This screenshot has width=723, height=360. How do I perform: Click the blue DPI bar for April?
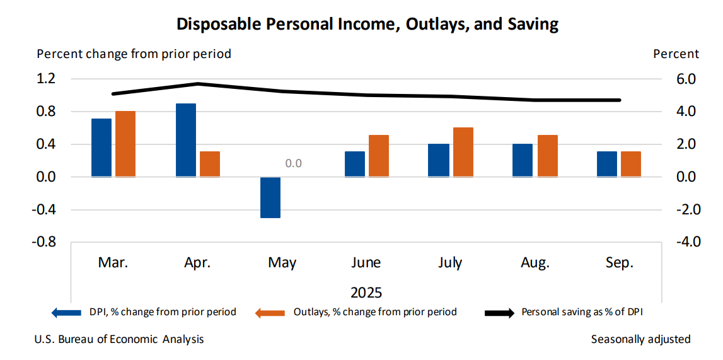point(186,140)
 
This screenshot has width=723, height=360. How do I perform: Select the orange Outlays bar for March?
point(125,144)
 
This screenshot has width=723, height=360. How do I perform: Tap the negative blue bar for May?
point(270,197)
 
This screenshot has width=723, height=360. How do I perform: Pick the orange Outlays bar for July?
point(463,152)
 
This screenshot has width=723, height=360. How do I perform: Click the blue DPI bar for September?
point(607,164)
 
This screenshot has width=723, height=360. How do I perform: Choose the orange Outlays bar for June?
point(379,156)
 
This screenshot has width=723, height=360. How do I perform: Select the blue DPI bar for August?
point(523,160)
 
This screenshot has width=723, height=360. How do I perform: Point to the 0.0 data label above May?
point(294,163)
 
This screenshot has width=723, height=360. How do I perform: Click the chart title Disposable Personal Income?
point(367,25)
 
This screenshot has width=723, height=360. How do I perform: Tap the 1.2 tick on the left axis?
point(47,79)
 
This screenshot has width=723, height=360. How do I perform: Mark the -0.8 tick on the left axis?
point(45,242)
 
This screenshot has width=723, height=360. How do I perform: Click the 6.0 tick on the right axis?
point(685,79)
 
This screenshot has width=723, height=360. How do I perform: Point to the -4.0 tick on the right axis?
point(683,242)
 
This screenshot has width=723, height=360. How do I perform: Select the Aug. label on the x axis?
point(535,263)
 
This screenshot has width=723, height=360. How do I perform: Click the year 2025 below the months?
point(366,293)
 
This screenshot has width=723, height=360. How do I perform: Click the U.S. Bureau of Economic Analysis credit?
point(120,339)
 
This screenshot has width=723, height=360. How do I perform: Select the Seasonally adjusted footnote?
point(640,339)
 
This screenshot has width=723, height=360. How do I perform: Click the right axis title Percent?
point(676,54)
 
